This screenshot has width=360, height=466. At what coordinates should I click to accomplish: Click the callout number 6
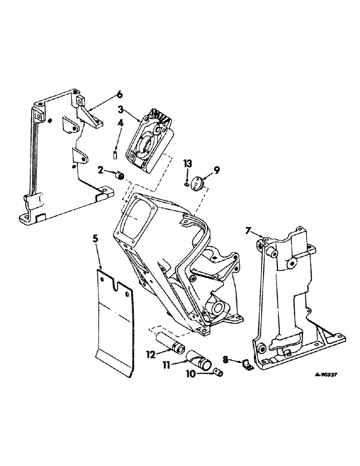click(120, 95)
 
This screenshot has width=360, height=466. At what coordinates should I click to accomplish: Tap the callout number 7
click(249, 231)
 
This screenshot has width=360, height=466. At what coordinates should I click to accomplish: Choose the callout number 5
click(96, 239)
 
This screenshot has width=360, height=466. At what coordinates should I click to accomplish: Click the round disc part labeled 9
click(196, 181)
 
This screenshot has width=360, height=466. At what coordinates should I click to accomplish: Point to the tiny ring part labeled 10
click(217, 371)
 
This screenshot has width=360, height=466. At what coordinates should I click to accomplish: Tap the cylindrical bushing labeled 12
click(173, 347)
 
